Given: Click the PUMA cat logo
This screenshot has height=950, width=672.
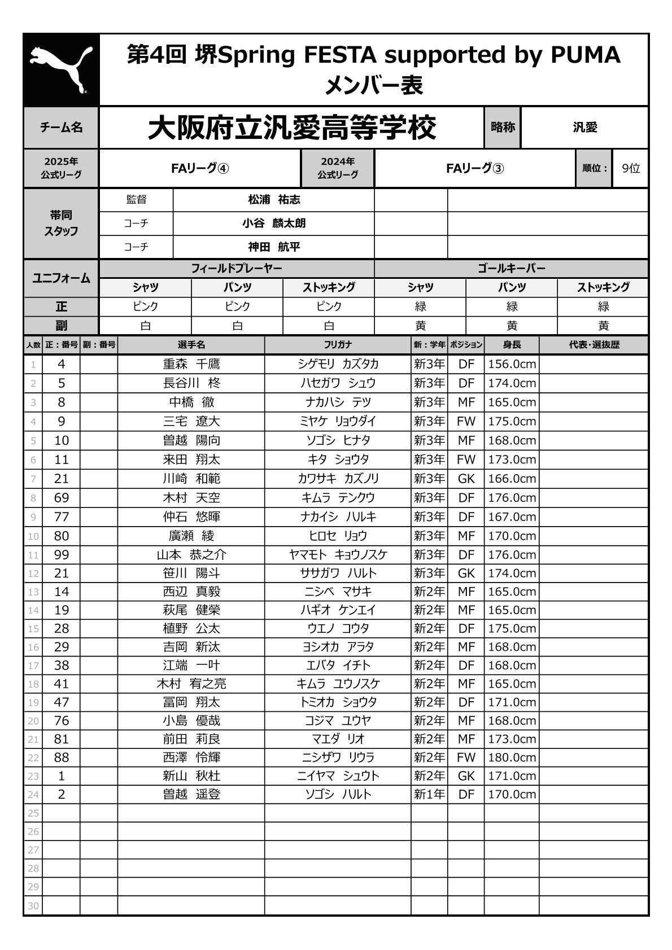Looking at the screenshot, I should tap(61, 69).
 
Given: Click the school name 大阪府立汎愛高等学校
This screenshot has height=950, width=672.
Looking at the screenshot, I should tap(291, 128).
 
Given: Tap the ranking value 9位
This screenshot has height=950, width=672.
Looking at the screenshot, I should tap(630, 168).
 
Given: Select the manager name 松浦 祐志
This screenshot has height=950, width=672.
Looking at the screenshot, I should tap(274, 200).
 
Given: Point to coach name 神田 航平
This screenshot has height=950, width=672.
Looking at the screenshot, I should tap(274, 247).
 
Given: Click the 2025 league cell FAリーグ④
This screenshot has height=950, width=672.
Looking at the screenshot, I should tap(200, 168).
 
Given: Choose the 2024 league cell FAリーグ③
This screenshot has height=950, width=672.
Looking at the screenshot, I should tap(474, 168).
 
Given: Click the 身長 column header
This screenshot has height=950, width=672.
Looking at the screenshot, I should tap(512, 344).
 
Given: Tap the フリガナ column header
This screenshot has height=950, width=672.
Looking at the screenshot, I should tap(338, 344).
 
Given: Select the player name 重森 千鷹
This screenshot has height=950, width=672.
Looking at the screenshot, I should tap(191, 364).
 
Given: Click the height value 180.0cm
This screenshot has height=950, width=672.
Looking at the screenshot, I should tap(512, 758).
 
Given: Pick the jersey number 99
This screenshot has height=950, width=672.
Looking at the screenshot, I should tap(61, 555).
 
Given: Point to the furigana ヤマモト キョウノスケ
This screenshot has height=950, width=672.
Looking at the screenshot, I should tap(338, 555).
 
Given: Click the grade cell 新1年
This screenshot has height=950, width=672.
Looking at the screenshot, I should tap(429, 794).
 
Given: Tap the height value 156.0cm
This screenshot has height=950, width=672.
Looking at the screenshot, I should tap(512, 364).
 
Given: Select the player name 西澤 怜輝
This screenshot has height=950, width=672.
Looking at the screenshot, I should tap(191, 758).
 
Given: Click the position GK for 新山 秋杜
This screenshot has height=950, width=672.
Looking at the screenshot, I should tap(466, 776).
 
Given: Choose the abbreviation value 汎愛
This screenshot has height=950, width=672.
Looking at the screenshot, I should tap(584, 128).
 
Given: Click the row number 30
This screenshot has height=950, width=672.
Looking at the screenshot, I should tap(33, 906).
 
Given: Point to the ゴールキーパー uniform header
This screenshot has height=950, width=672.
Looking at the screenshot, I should tap(511, 269).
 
